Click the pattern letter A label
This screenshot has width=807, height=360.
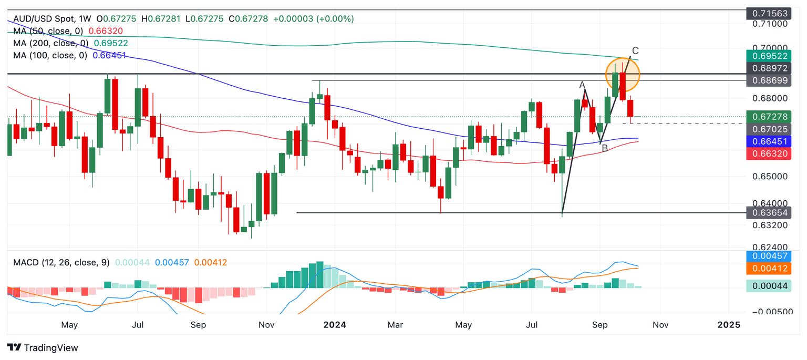582,85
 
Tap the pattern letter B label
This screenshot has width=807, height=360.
605,149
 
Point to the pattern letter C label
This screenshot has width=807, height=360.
635,51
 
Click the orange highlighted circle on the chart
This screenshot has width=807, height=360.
623,75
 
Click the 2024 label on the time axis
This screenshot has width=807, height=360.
335,325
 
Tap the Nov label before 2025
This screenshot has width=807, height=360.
660,325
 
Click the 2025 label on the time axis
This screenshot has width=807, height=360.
729,325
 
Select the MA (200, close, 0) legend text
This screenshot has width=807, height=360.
51,43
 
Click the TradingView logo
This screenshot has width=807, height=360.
43,348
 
